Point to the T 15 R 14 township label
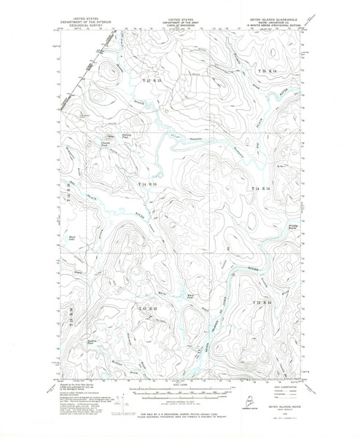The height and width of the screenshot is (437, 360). (x=269, y=69)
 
